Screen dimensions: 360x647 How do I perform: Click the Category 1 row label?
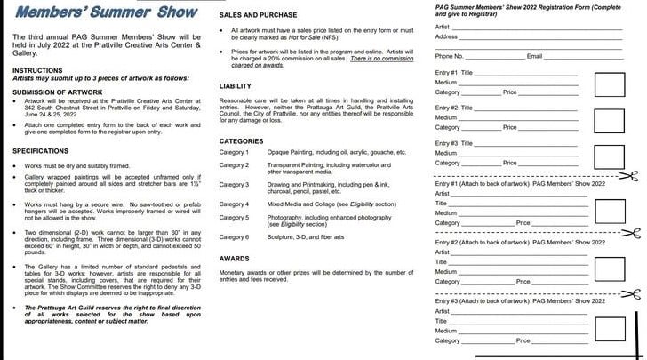click(235, 153)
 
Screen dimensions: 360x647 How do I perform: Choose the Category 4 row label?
click(235, 204)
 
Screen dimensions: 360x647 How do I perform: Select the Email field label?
click(535, 56)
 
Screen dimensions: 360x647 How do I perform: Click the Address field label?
click(447, 36)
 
